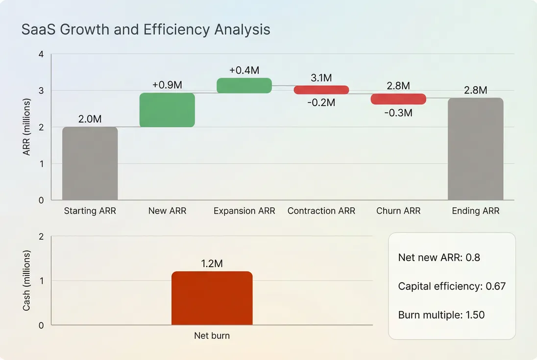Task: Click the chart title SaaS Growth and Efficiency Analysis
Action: [x=146, y=29]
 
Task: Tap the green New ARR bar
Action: [x=167, y=110]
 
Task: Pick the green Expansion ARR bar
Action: [x=244, y=85]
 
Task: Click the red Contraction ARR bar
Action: [x=321, y=90]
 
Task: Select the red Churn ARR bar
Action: [x=398, y=99]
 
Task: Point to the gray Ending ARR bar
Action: [x=475, y=149]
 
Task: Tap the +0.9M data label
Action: [x=167, y=85]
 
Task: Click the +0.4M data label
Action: [x=244, y=70]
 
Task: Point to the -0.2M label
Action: [x=321, y=102]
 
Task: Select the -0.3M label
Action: [x=398, y=113]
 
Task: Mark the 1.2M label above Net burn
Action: [x=212, y=264]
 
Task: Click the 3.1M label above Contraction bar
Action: [x=321, y=78]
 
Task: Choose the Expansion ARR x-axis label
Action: [x=244, y=211]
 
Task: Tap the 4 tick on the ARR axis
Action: [x=41, y=54]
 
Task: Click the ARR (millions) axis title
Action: [x=26, y=127]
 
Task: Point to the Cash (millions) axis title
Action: [x=26, y=281]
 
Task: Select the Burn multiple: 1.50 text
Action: [x=441, y=314]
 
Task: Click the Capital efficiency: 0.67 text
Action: [x=451, y=286]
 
